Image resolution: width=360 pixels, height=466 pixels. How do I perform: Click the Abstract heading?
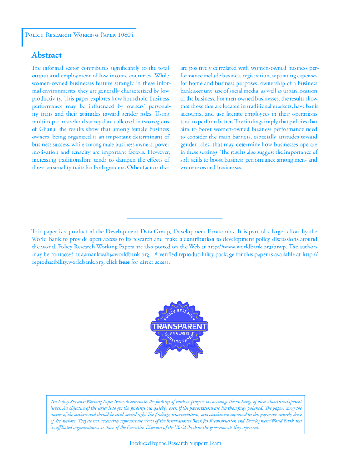[x=46, y=55]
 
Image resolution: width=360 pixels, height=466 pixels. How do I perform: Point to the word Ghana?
[x=47, y=129]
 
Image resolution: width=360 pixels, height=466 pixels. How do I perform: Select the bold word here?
[x=124, y=262]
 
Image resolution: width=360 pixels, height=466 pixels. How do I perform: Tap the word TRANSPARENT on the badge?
[x=179, y=326]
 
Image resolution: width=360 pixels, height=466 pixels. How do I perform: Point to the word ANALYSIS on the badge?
[x=179, y=334]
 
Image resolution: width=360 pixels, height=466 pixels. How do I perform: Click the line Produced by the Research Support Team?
[x=175, y=443]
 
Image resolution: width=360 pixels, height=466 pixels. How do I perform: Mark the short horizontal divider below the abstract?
[x=174, y=219]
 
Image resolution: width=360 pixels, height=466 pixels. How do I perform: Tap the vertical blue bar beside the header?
[x=22, y=37]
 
